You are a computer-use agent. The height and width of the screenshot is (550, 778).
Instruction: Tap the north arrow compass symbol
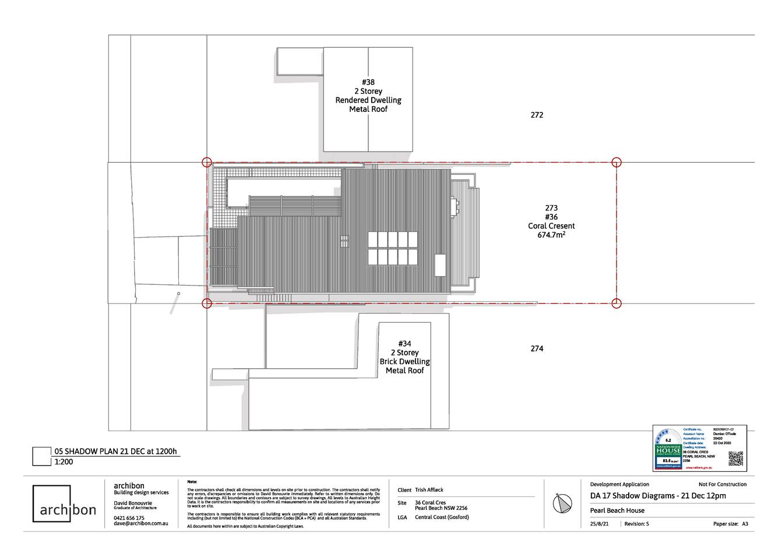pos(563,504)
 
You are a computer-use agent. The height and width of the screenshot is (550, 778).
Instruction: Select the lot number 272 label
pos(537,115)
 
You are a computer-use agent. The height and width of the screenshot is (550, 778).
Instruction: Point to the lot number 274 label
pos(537,348)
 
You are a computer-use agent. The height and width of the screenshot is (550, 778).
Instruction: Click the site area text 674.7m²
pos(551,235)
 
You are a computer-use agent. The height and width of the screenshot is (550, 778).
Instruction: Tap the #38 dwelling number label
pos(368,82)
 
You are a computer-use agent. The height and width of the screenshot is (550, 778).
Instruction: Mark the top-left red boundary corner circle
pos(206,163)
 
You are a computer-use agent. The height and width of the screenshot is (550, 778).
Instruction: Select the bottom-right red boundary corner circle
pos(617,302)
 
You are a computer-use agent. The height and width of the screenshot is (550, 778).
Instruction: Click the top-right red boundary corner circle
pos(617,163)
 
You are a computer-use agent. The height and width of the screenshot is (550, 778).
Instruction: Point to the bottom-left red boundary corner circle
pos(206,302)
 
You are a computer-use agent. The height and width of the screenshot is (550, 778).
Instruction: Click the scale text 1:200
pos(64,461)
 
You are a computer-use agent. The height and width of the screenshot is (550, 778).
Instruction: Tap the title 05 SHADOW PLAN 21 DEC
pos(115,451)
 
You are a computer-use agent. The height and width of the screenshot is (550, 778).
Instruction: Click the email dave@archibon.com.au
pos(141,523)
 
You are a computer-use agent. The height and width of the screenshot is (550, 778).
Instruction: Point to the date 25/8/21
pos(600,524)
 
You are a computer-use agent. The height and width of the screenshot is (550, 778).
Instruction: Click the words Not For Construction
pos(722,484)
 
